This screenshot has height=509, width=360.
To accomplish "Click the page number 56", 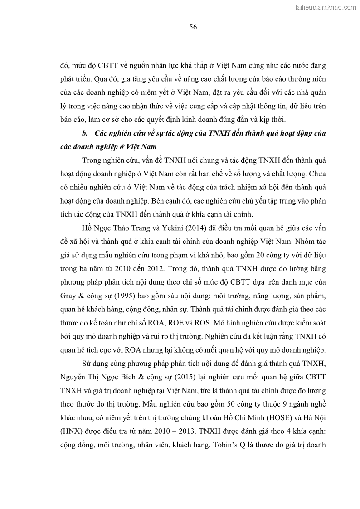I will tap(193, 27).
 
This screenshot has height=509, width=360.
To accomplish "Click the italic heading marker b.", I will tap(84, 133).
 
